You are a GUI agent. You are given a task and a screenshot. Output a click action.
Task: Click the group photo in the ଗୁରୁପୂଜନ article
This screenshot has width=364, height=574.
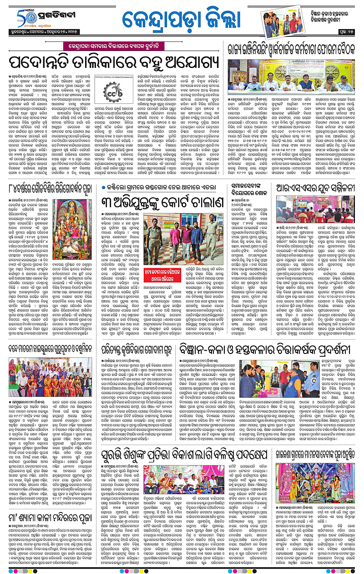[x=50, y=379]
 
